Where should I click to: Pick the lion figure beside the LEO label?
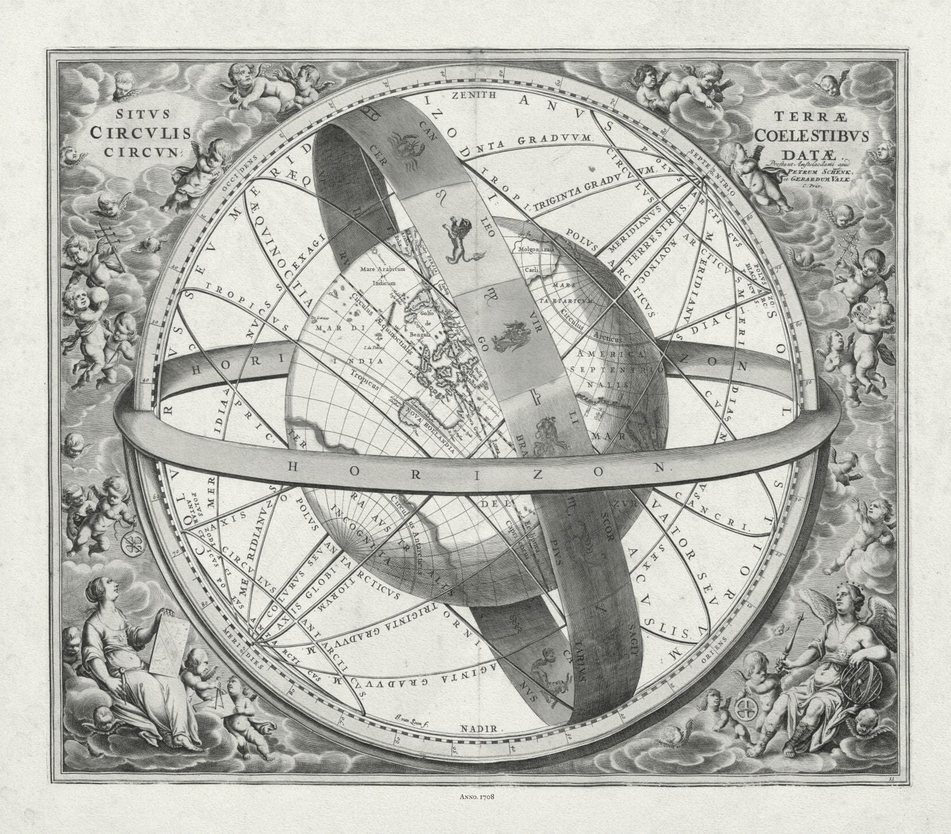click(458, 238)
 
